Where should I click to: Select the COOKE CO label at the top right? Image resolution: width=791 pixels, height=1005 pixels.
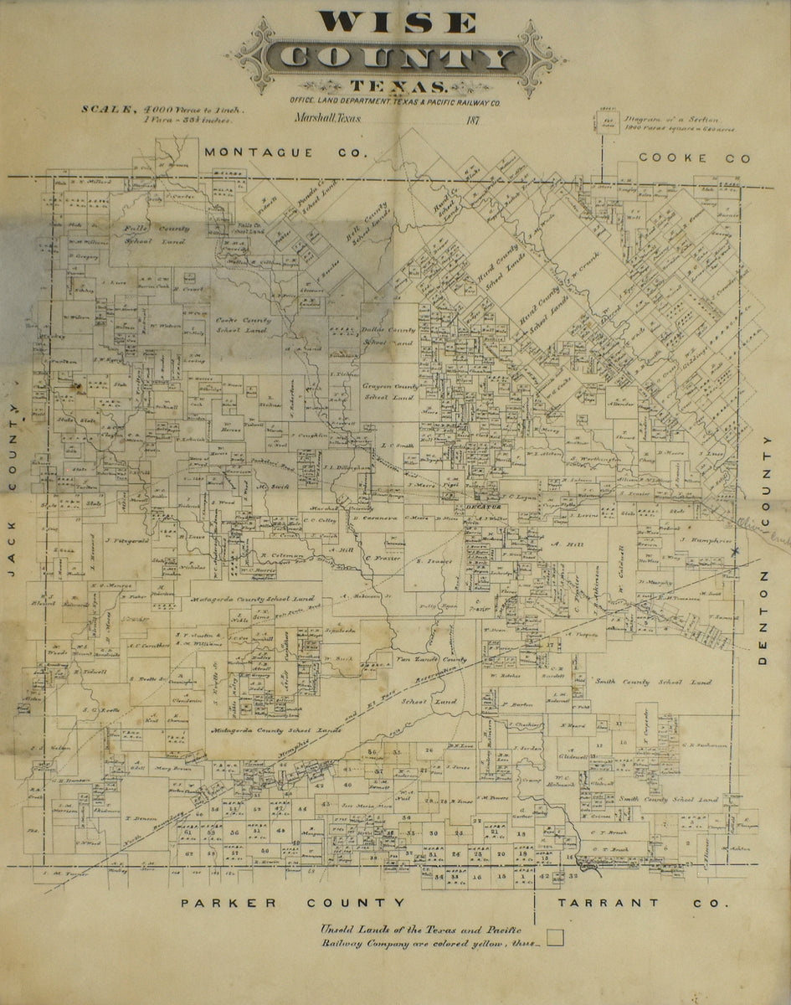[x=694, y=158]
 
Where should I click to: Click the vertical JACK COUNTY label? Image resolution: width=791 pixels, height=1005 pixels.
[x=13, y=502]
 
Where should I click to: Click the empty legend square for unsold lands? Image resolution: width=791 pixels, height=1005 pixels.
[x=555, y=937]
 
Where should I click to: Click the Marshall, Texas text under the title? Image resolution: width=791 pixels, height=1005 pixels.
[x=328, y=119]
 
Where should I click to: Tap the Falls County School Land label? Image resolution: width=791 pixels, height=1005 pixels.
[x=156, y=234]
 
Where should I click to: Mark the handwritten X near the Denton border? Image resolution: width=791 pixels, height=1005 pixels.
[x=735, y=551]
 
